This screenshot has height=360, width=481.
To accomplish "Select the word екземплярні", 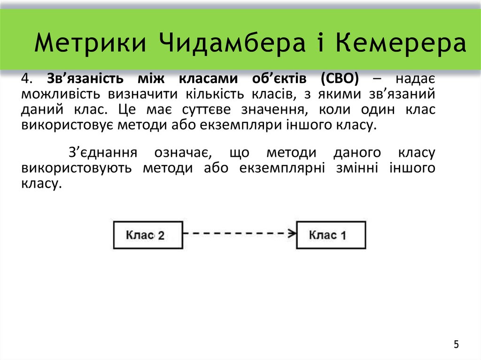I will [281, 168].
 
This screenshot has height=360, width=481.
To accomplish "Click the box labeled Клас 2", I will [147, 235].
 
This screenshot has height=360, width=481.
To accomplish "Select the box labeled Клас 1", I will [330, 235].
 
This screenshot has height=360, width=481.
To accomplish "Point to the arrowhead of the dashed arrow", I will [292, 232].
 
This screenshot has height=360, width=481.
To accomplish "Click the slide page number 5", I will [456, 345].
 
